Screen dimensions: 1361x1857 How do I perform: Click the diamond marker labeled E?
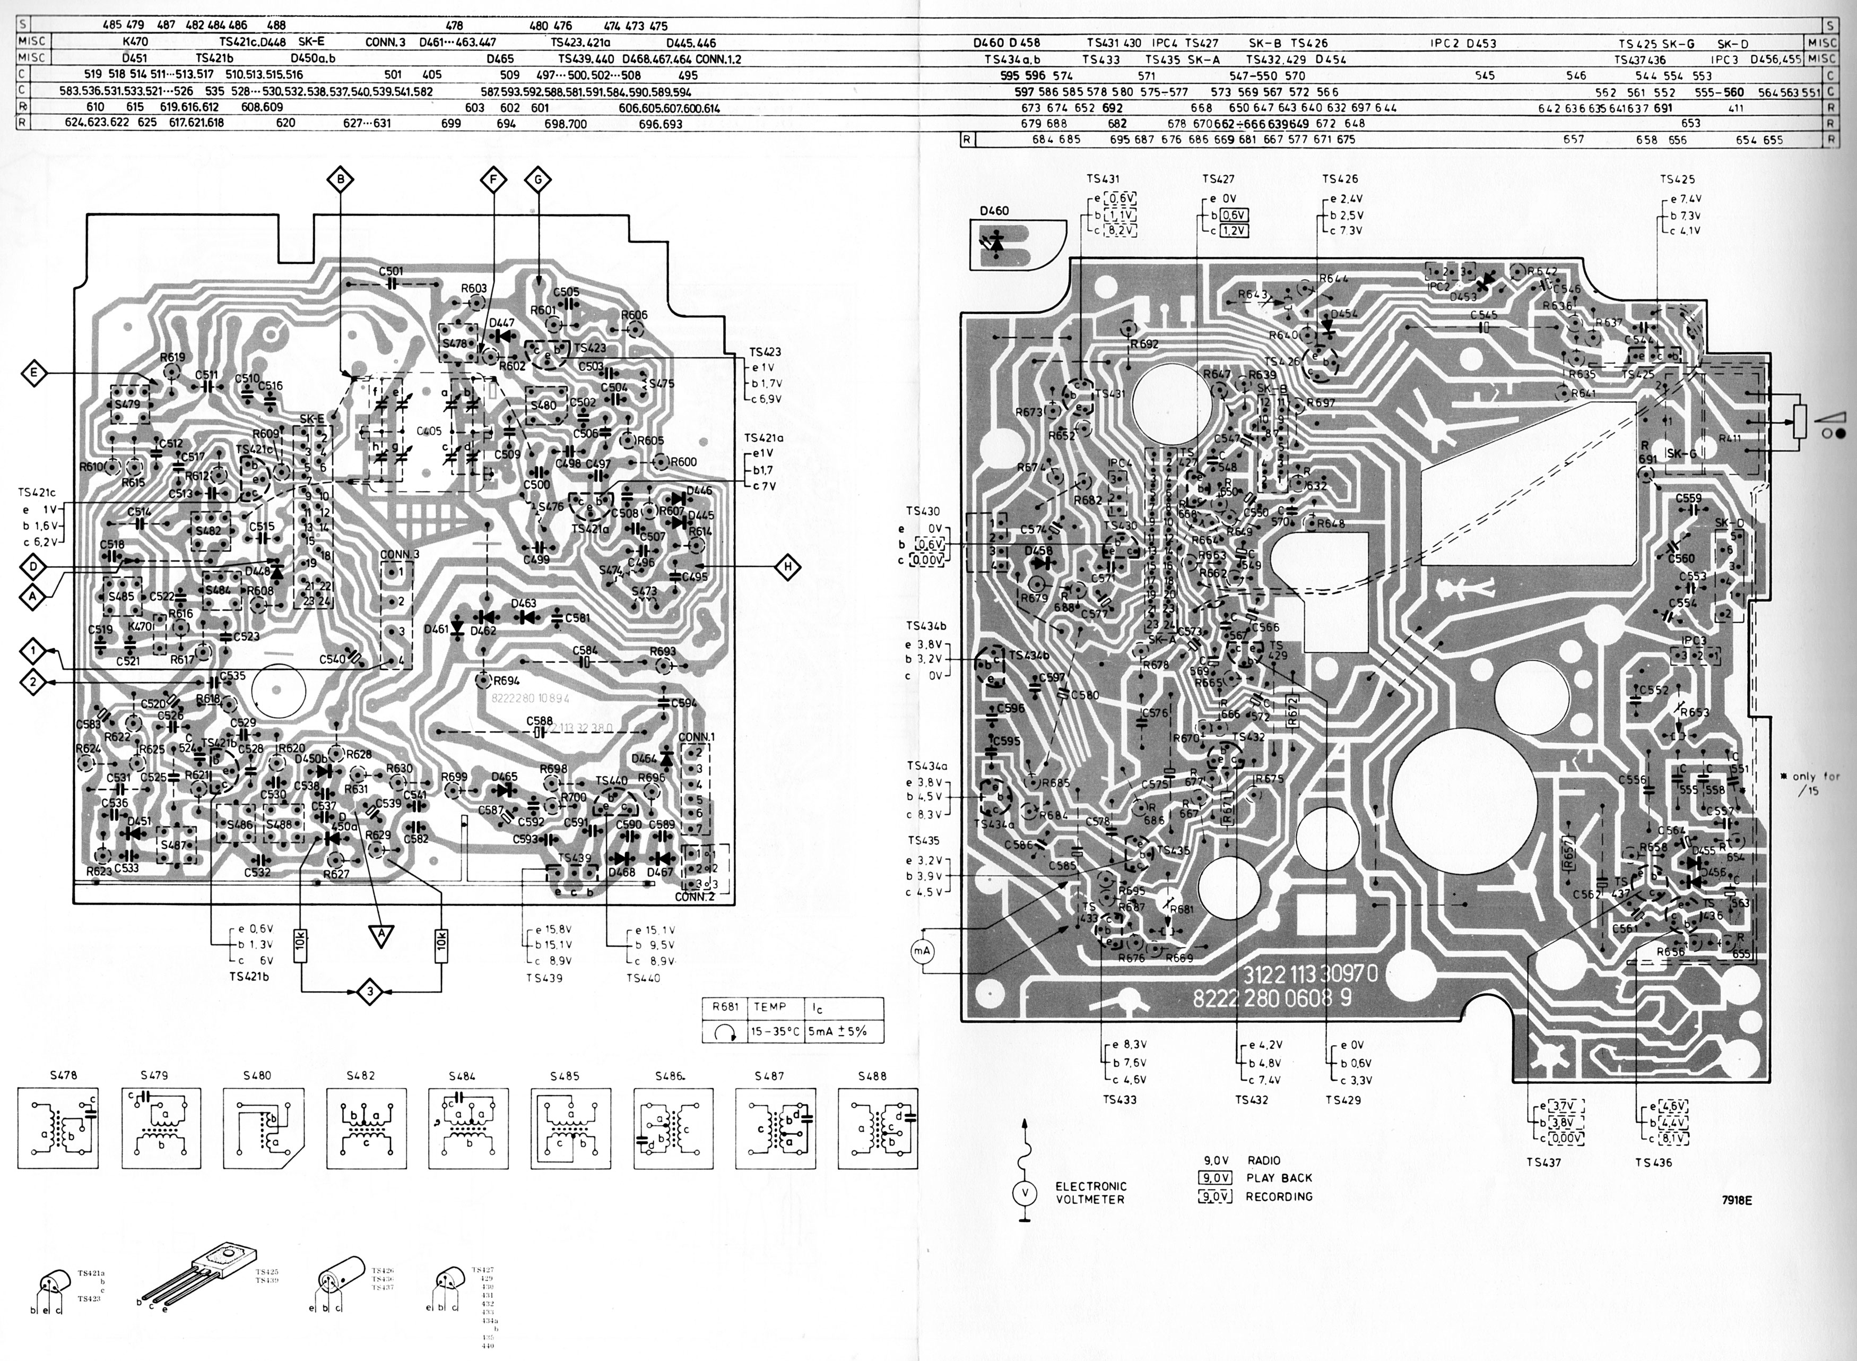pos(34,373)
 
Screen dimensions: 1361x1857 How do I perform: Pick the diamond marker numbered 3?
pos(370,993)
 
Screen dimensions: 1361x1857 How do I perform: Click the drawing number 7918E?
pos(1736,1200)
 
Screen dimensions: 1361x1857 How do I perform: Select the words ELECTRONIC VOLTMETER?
pos(1090,1192)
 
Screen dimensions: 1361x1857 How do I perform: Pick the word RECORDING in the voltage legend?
pos(1279,1196)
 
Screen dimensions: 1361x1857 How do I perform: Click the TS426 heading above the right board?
pos(1340,179)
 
